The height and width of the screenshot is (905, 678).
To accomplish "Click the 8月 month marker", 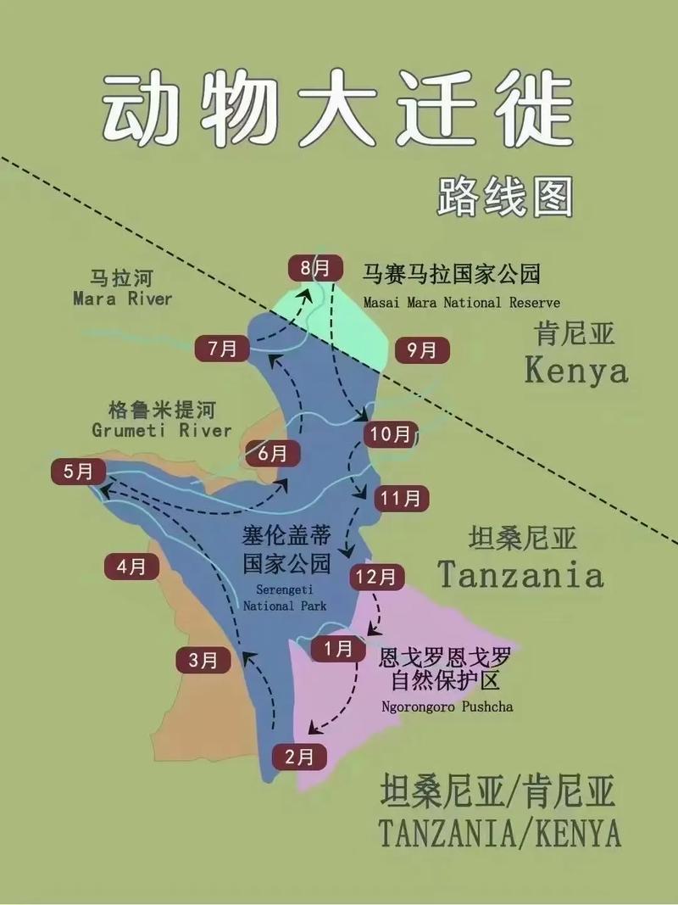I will point(314,268).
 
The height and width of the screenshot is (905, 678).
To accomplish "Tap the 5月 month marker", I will point(79,472).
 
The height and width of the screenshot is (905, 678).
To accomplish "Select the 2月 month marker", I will point(299,756).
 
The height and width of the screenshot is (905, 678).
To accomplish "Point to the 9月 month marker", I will point(421,349).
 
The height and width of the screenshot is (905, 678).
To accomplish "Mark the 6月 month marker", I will point(272,453).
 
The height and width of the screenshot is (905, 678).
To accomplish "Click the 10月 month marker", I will point(391,435).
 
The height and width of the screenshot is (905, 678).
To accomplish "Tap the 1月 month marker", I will point(339,649).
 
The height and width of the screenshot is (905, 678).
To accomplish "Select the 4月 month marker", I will point(131,566).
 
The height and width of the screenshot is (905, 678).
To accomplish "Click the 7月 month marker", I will point(222,348).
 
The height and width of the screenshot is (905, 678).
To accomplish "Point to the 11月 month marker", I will point(401,498).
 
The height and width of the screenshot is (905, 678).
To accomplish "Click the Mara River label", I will point(122,299).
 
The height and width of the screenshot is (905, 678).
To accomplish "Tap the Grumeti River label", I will point(161,430).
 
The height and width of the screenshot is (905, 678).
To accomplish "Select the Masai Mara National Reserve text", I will point(461,303).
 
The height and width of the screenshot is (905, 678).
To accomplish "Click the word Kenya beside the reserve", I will point(576,371).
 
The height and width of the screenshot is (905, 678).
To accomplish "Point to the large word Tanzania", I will point(520,576).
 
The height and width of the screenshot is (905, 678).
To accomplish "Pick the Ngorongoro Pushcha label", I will point(447,707).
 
